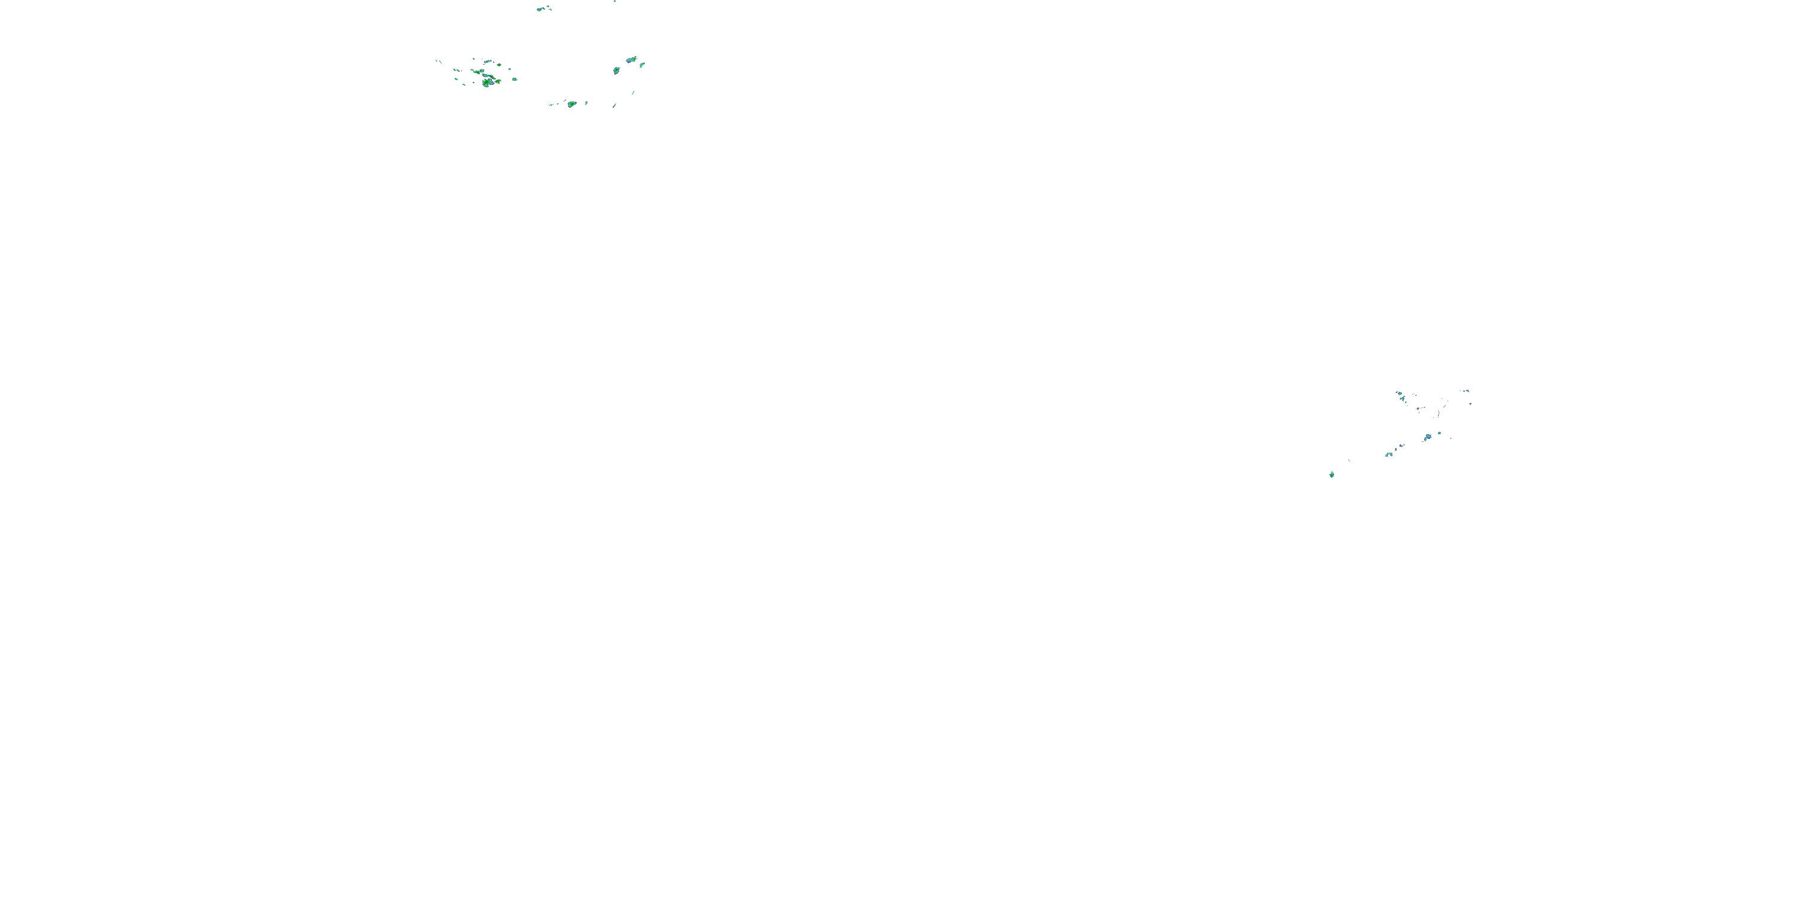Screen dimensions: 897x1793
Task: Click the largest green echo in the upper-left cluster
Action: [487, 83]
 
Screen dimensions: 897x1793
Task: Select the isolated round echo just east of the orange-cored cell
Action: [515, 79]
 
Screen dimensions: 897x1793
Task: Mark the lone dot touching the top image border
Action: [614, 1]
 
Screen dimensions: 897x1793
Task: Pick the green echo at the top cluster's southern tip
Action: [571, 105]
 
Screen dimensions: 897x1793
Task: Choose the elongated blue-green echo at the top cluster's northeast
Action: [631, 60]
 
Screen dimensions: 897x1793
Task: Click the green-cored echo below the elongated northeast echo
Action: [616, 71]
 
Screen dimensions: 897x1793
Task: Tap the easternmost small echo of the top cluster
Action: [642, 65]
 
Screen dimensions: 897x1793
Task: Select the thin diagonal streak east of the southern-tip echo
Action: [614, 106]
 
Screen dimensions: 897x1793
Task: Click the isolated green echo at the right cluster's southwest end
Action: [1332, 475]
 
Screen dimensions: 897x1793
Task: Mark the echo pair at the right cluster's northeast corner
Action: [1466, 392]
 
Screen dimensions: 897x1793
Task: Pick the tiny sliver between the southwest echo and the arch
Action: [1350, 460]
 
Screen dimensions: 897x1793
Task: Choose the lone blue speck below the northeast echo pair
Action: [1470, 403]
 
